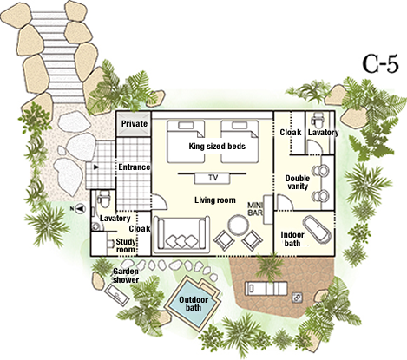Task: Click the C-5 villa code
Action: click(x=380, y=64)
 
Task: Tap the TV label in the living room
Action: click(x=213, y=178)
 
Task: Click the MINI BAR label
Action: click(x=255, y=209)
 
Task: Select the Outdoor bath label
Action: click(x=194, y=304)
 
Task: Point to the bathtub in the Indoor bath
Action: click(x=316, y=229)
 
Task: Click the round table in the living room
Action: click(x=238, y=225)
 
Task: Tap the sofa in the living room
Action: click(x=181, y=235)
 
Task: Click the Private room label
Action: click(x=135, y=124)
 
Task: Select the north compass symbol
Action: click(x=79, y=208)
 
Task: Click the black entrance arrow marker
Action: click(x=95, y=167)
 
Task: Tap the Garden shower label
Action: click(x=126, y=276)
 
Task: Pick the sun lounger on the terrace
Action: click(x=266, y=289)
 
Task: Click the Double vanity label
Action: click(x=298, y=182)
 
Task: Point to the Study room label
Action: click(x=126, y=245)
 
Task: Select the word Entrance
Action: click(x=135, y=167)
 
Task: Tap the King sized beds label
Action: click(x=217, y=147)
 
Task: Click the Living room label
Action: click(x=215, y=200)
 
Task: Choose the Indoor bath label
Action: click(x=292, y=239)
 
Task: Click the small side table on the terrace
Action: click(x=297, y=298)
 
